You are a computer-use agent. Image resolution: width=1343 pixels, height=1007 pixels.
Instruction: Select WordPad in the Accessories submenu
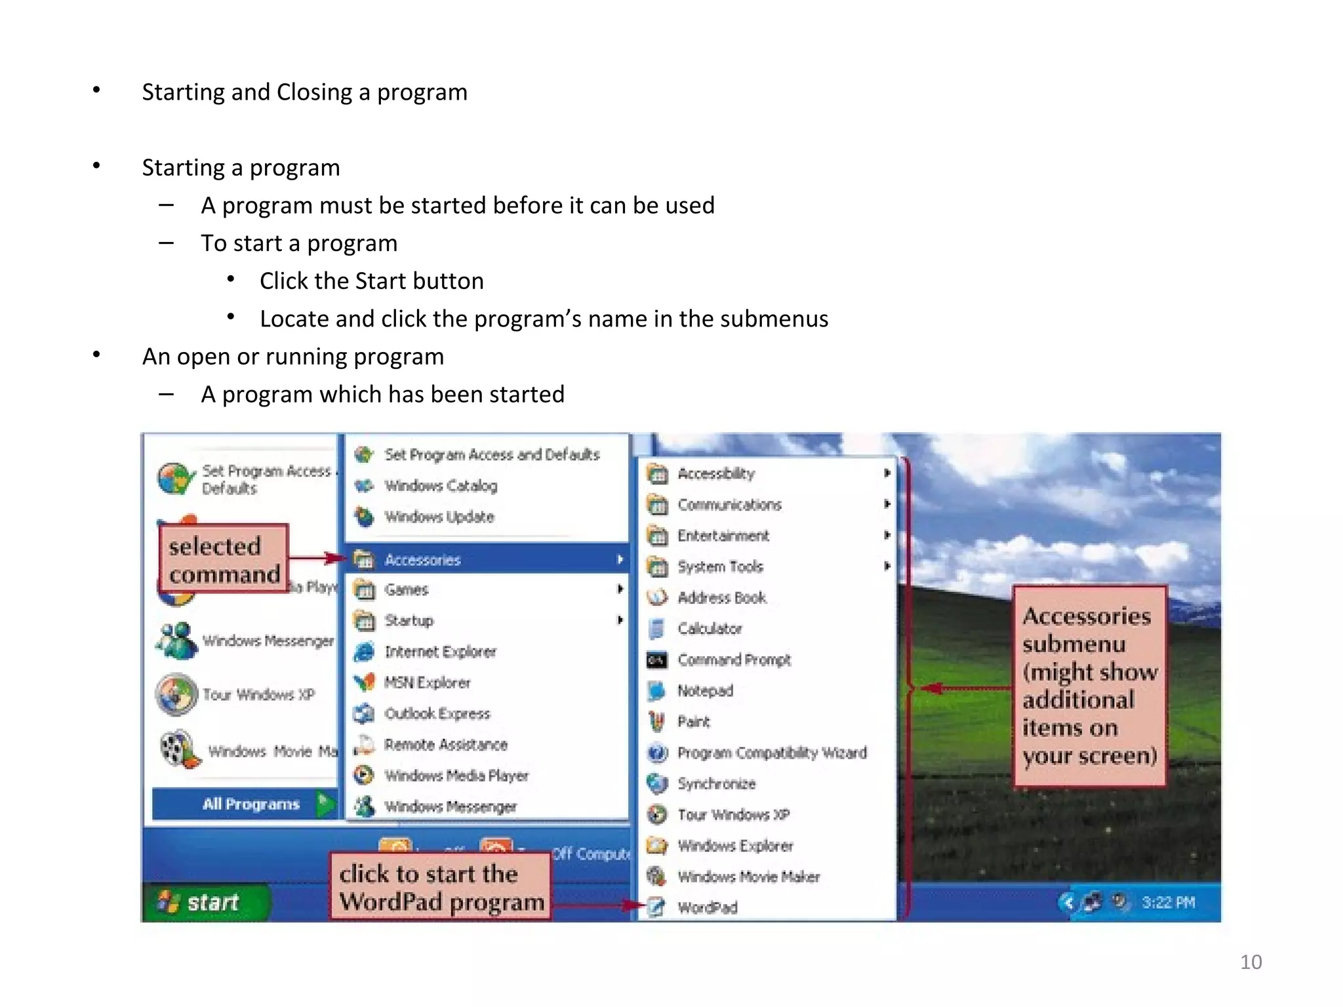707,908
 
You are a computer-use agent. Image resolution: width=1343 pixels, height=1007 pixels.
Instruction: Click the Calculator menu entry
709,629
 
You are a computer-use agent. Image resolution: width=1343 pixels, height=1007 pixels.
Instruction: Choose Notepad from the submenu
705,691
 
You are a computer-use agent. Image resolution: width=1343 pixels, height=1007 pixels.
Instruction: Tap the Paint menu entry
693,722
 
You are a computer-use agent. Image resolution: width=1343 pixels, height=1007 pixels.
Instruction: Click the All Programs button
250,804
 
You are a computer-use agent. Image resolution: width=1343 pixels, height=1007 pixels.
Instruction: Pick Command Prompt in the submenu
734,660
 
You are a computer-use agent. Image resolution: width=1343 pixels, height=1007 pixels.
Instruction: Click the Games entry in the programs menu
406,590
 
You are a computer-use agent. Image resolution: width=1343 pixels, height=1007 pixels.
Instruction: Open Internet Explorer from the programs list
440,652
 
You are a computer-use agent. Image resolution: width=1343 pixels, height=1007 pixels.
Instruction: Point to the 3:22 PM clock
1168,903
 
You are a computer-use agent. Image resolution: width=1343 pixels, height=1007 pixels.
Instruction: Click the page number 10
1251,962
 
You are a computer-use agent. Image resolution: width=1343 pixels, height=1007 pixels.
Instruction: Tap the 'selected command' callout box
224,560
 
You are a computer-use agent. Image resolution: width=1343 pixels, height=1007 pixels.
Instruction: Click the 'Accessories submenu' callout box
1089,685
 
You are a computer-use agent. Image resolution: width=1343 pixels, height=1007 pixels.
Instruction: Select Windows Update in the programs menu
439,517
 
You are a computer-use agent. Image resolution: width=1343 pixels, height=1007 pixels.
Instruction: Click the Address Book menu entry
721,598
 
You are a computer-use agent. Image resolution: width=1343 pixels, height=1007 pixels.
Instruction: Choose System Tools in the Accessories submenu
720,566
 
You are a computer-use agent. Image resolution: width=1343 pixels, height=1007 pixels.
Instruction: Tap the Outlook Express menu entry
437,713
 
